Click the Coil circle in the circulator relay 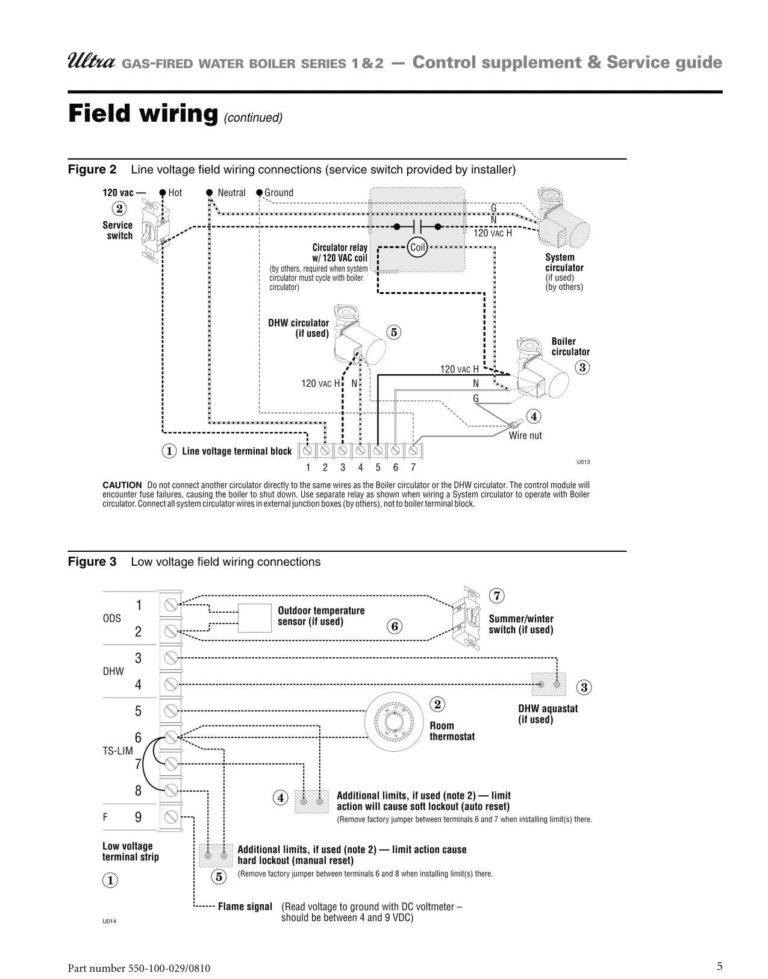[x=417, y=247]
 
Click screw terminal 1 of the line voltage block [x=308, y=450]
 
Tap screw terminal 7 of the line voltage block [x=413, y=450]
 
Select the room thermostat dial [x=395, y=721]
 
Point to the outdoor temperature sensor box [x=255, y=618]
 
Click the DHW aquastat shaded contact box [x=549, y=684]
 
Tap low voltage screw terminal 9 [x=170, y=817]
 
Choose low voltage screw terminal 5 [x=170, y=711]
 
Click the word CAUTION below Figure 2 [x=122, y=485]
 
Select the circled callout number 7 [x=497, y=596]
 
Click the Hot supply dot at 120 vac [x=163, y=193]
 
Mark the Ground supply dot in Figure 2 [x=260, y=193]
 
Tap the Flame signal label [x=245, y=907]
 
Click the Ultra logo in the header [x=92, y=61]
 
